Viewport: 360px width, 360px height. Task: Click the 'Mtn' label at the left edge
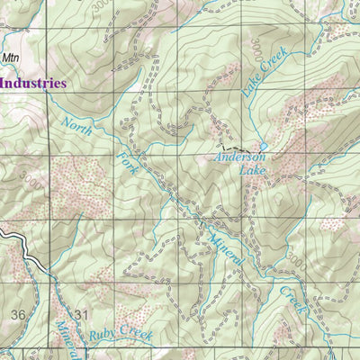10,58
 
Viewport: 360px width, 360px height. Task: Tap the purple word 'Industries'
33,83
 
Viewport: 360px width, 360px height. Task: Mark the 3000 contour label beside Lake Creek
256,47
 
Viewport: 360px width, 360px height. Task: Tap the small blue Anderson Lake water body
264,146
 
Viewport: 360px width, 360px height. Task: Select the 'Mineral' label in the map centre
224,243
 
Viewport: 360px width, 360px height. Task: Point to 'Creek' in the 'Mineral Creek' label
294,301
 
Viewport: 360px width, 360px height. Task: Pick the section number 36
18,314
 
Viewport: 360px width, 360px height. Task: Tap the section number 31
83,314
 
